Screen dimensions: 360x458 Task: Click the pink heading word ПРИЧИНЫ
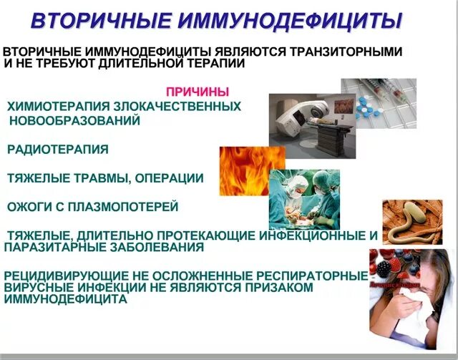[x=198, y=92]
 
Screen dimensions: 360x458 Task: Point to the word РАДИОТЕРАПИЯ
[x=58, y=150]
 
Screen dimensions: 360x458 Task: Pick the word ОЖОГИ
[x=29, y=207]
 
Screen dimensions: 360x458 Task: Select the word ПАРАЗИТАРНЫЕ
[x=52, y=247]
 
